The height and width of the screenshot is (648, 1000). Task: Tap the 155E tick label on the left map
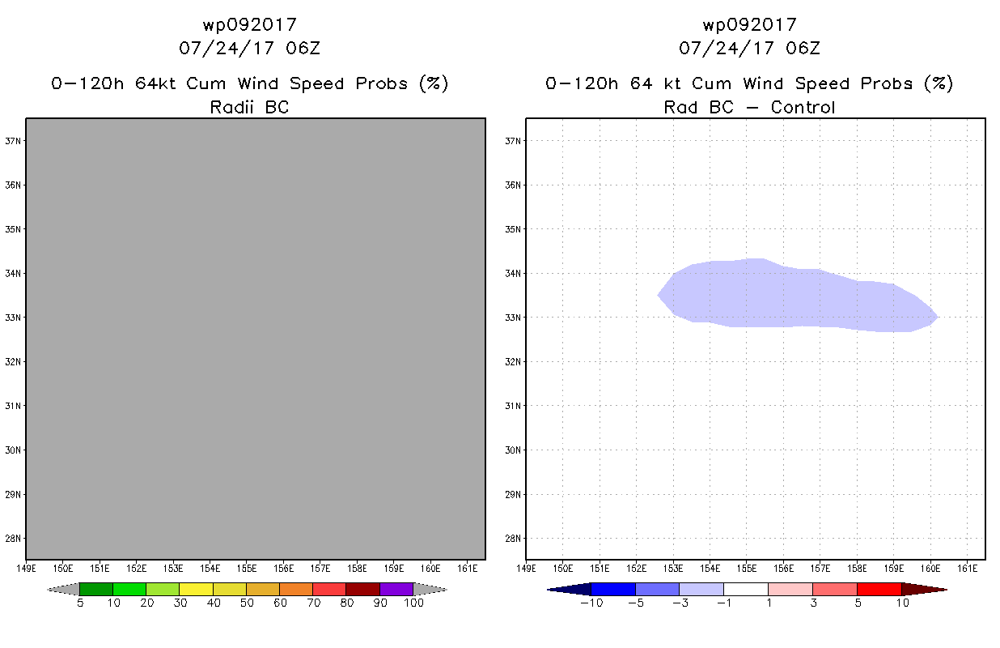tap(247, 569)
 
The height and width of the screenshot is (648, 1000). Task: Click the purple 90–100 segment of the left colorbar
tap(396, 589)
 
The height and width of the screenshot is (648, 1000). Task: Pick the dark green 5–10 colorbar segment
tap(96, 589)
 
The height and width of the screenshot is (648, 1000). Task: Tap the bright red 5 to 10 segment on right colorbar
tap(879, 589)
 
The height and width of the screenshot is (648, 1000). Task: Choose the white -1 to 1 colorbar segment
tap(746, 589)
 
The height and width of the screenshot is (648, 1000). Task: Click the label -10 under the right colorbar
tap(591, 603)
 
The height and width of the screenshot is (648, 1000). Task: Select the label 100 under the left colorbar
tap(414, 603)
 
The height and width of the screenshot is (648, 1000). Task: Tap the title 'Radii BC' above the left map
tap(249, 107)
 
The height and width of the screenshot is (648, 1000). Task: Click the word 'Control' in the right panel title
tap(803, 107)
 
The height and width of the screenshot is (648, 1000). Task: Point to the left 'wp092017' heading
tap(249, 24)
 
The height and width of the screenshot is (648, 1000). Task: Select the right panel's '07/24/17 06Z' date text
tap(749, 48)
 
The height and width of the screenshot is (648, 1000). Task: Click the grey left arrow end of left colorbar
tap(63, 590)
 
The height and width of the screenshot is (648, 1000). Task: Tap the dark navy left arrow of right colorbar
tap(570, 590)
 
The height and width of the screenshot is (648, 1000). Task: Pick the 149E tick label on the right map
tap(526, 569)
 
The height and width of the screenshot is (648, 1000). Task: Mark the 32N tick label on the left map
tap(12, 361)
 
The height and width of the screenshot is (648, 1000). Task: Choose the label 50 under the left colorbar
tap(247, 603)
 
